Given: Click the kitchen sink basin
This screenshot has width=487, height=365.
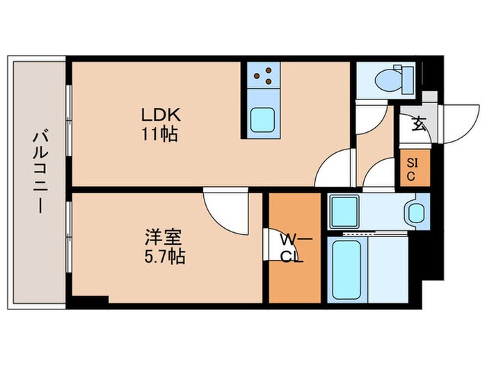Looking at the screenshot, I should (x=262, y=122).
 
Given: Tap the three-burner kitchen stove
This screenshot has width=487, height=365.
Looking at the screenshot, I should (x=262, y=76).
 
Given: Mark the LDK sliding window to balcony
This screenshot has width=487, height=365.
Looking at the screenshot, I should (x=68, y=122).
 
